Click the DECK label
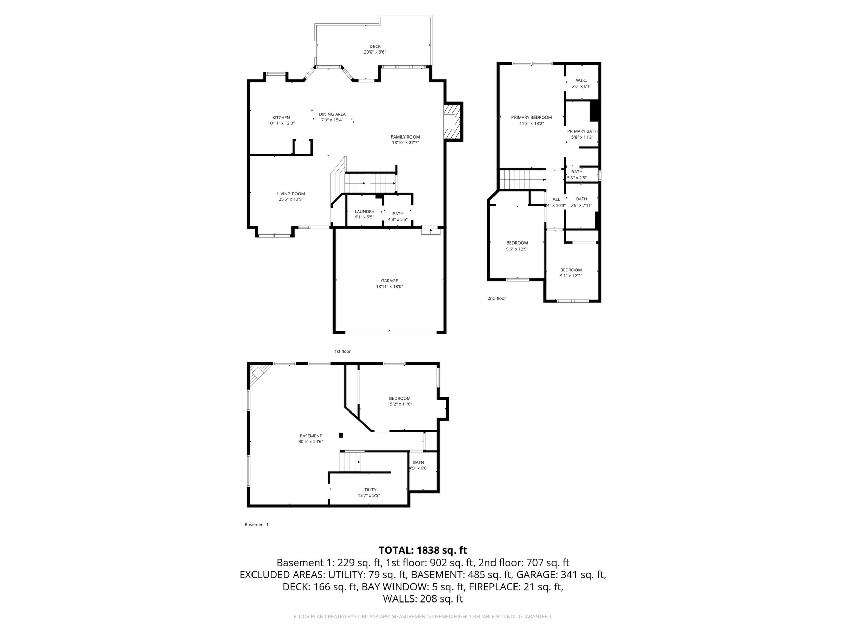point(375,47)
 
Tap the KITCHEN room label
point(281,117)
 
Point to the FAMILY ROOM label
point(405,137)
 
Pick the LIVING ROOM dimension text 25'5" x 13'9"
point(291,199)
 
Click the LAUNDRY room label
point(364,211)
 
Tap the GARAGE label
point(389,281)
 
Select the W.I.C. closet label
point(581,80)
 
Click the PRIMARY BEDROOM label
point(531,117)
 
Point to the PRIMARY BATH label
point(582,131)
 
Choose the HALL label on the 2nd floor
point(555,199)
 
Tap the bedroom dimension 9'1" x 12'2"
point(571,276)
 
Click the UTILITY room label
point(369,490)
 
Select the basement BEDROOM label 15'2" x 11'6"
point(400,398)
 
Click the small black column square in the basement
point(341,435)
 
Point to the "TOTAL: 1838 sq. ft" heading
point(423,550)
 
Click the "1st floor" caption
point(342,351)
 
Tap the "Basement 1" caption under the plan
point(256,524)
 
